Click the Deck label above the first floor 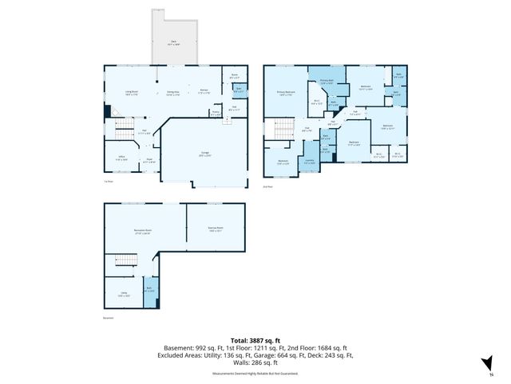(x=173, y=43)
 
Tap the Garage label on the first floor (x=204, y=154)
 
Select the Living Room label (x=132, y=93)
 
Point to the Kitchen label (x=204, y=90)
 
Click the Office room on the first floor (x=121, y=158)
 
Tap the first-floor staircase (x=124, y=129)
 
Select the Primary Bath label (x=327, y=82)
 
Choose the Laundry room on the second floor (x=308, y=162)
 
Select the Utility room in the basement (x=123, y=294)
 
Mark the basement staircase (x=125, y=260)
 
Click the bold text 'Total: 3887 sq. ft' (x=255, y=340)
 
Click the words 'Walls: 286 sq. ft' (x=255, y=363)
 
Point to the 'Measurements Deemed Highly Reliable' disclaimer (x=255, y=374)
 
